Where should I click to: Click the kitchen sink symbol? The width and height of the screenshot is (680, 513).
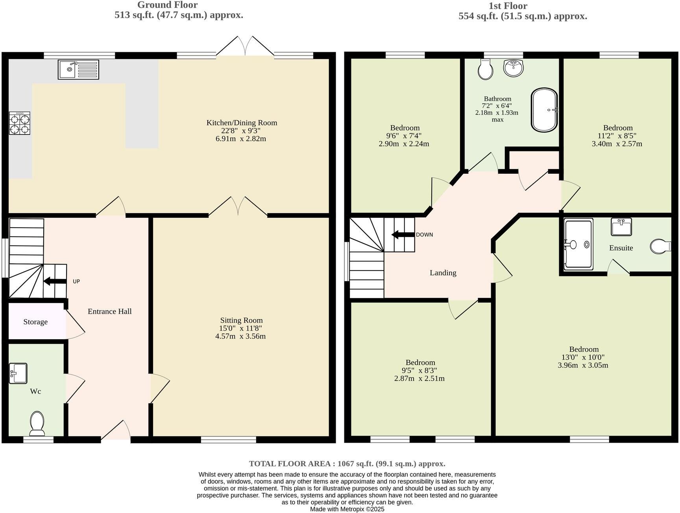tap(78, 70)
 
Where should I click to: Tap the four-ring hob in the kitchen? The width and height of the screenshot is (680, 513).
tap(19, 123)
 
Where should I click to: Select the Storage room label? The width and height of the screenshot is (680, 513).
tap(35, 322)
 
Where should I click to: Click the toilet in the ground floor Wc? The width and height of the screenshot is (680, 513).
tap(37, 423)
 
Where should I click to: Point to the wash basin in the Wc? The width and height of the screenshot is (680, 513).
tap(18, 373)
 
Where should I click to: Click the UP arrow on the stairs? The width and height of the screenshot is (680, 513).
tap(55, 281)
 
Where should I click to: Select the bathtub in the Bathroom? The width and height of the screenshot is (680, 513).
tap(544, 110)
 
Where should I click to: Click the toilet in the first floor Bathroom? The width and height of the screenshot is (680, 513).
tap(485, 69)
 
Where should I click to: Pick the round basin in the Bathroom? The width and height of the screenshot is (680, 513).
tap(514, 68)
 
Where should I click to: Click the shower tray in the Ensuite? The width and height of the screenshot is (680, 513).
tap(578, 245)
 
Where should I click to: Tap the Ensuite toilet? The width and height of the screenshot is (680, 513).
tap(660, 246)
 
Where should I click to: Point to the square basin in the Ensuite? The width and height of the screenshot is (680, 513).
tap(621, 227)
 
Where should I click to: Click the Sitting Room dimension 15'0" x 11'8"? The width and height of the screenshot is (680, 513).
tap(240, 328)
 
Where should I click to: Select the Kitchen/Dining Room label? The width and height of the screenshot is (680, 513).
tap(242, 123)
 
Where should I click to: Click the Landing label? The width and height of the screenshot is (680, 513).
tap(443, 273)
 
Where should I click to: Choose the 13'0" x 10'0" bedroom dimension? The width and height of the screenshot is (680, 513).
tap(583, 357)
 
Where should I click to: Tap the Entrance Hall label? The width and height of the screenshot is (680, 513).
tap(109, 311)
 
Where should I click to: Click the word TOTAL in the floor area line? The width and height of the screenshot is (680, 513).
tap(263, 463)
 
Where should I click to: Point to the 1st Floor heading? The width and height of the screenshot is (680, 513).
tap(507, 6)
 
